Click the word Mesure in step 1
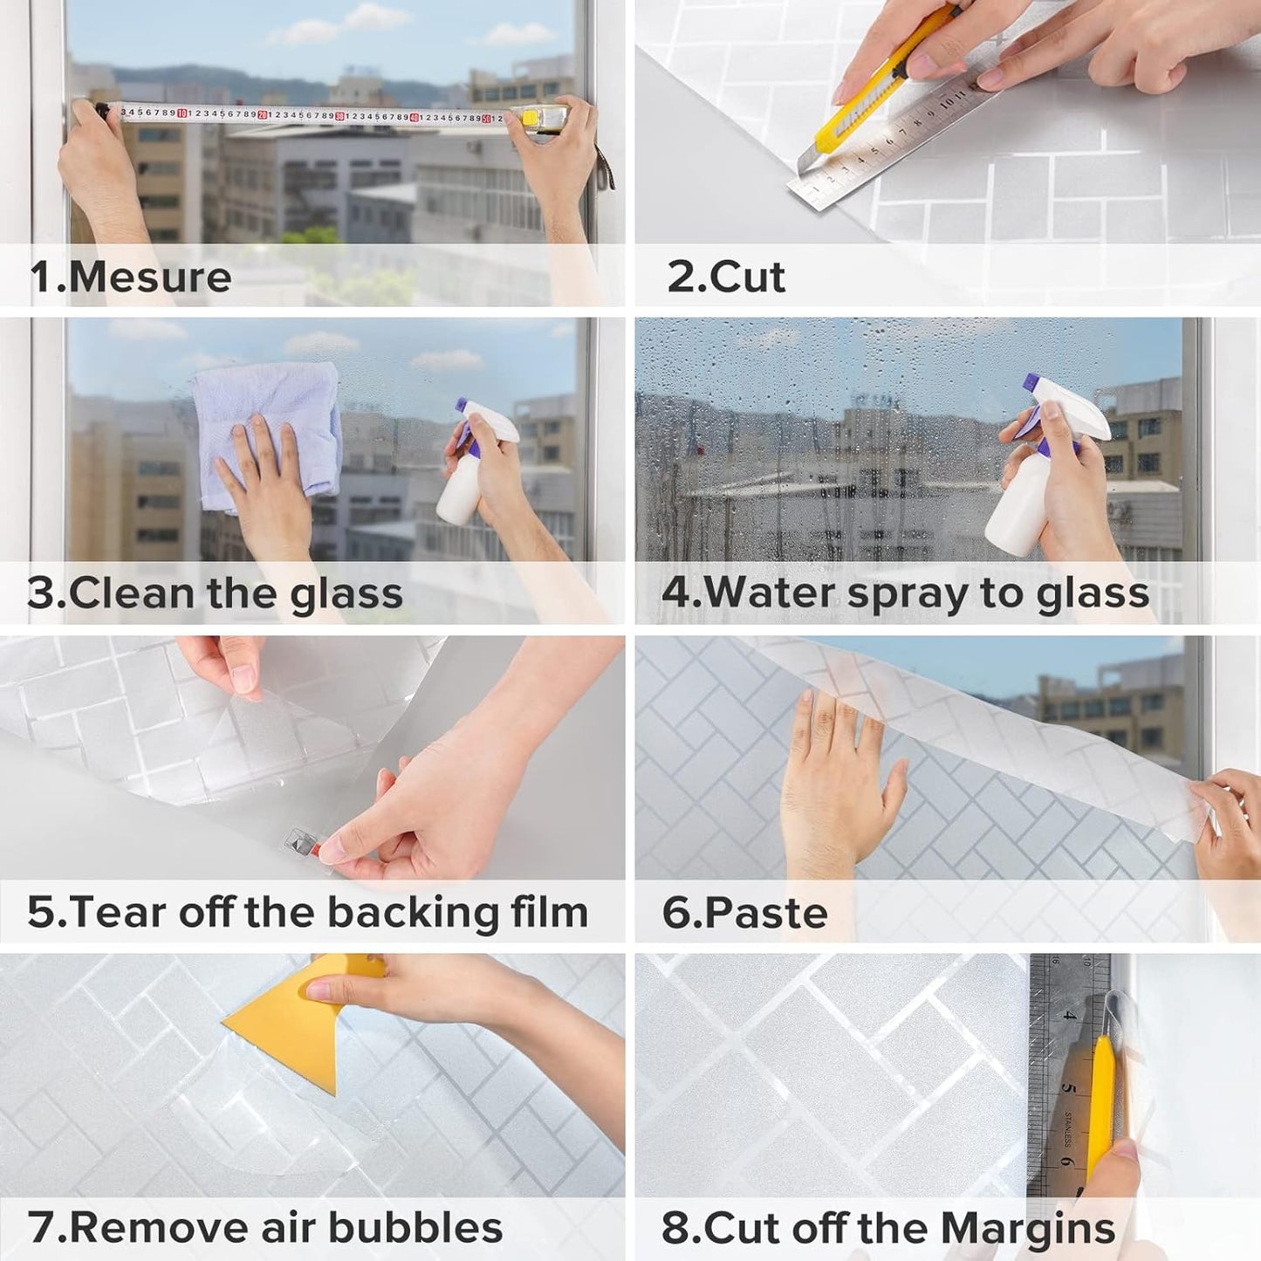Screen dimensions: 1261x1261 tap(149, 278)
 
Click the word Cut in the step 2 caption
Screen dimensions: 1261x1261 tap(747, 278)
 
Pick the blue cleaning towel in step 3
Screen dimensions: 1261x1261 tap(266, 428)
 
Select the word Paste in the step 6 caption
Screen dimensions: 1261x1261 tap(765, 913)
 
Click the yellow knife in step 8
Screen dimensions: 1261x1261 tap(1101, 1100)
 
